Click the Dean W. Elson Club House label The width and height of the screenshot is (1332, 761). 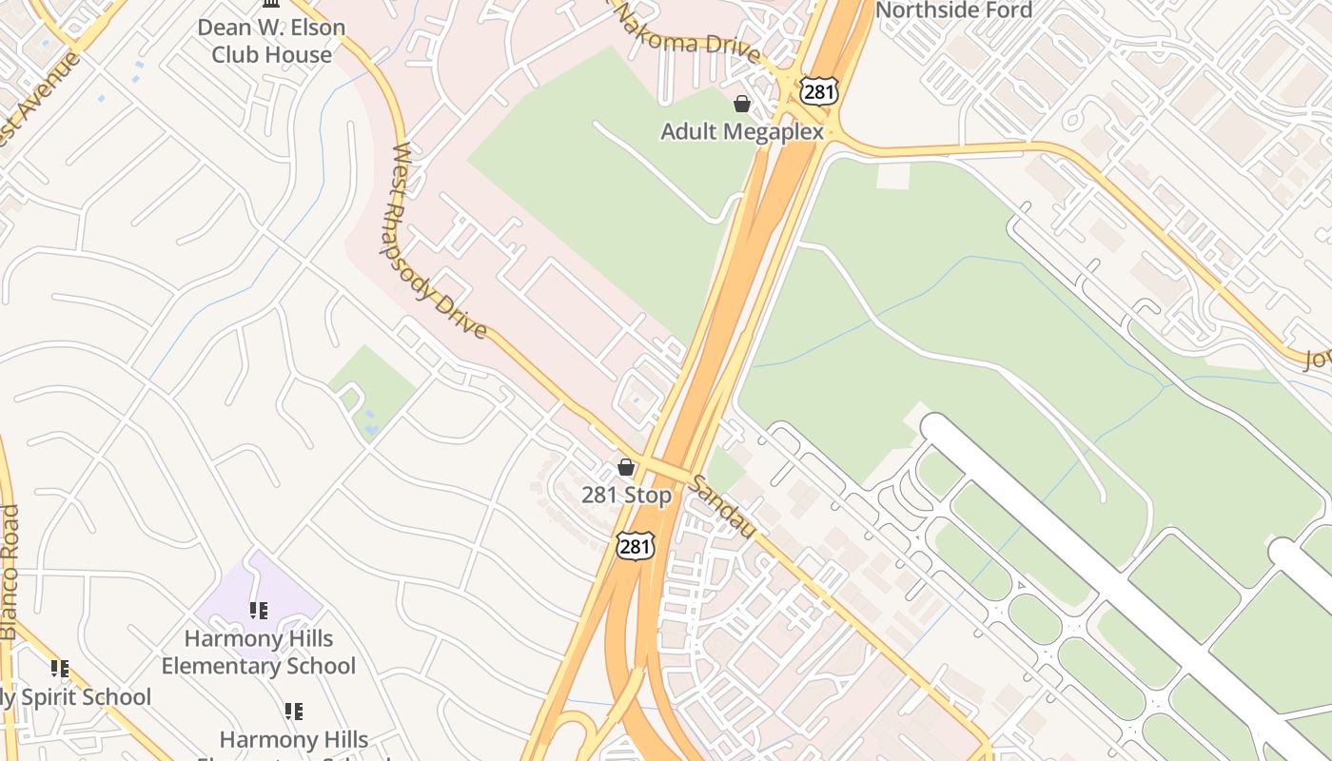(271, 41)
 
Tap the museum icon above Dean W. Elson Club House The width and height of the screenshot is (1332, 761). (271, 6)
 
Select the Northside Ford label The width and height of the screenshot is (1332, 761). (953, 10)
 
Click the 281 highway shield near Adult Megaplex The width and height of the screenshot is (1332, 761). (818, 90)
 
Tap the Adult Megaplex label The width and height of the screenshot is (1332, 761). (742, 131)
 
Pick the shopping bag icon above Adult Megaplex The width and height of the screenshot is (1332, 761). (742, 104)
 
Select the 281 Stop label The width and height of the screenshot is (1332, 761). (626, 495)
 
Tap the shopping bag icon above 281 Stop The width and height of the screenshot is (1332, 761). (626, 467)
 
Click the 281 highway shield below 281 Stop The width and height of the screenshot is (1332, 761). (635, 545)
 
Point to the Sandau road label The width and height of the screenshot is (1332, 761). (721, 505)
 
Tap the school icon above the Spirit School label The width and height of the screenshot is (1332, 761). (60, 669)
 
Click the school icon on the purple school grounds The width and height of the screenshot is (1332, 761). (258, 610)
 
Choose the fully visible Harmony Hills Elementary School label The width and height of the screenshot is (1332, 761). (258, 652)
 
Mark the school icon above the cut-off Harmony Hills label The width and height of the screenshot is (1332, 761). (294, 711)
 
